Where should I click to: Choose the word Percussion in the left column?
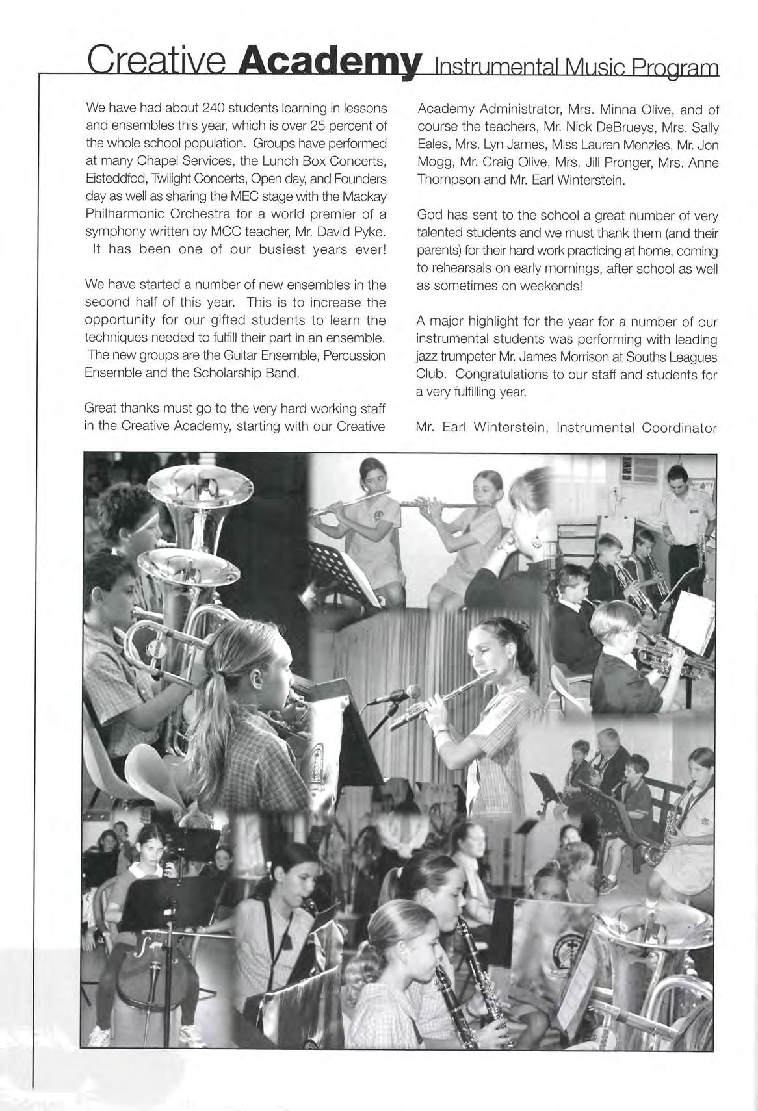tap(354, 355)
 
